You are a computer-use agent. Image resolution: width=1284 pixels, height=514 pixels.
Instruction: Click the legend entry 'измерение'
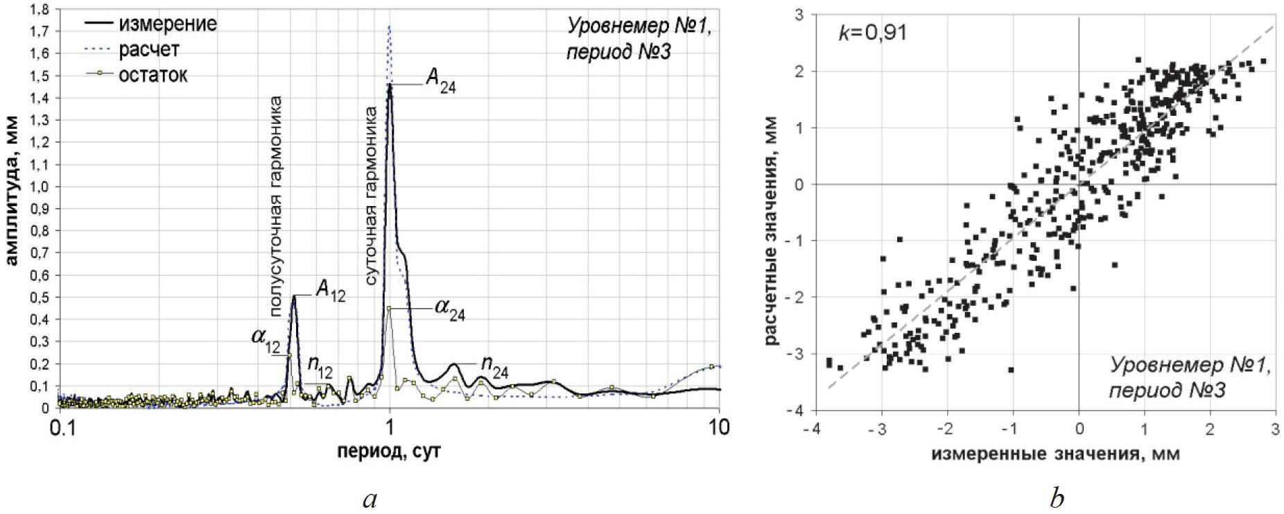click(167, 24)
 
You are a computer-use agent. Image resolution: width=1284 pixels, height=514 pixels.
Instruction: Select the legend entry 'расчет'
click(148, 50)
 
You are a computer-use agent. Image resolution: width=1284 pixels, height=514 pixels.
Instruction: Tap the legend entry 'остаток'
click(153, 75)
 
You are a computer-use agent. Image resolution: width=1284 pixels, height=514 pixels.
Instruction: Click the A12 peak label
click(330, 291)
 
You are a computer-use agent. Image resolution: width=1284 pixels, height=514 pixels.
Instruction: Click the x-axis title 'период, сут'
click(389, 452)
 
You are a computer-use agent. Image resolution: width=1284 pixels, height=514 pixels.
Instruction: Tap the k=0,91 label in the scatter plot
click(872, 33)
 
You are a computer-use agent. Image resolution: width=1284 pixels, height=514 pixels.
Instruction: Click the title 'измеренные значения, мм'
click(1055, 454)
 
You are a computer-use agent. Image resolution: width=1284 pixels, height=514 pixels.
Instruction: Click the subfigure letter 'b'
click(1057, 498)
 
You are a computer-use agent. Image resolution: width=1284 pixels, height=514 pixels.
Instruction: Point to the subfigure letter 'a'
click(370, 498)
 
